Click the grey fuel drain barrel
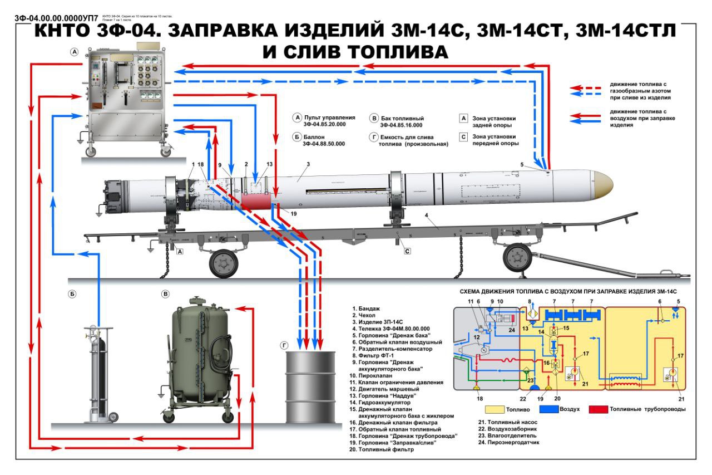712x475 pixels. coord(310,387)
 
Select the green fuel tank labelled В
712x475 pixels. coord(199,356)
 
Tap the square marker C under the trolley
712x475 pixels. coord(407,251)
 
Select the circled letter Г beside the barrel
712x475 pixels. coord(284,346)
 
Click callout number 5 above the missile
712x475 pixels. coord(522,164)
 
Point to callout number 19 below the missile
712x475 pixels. coord(294,213)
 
